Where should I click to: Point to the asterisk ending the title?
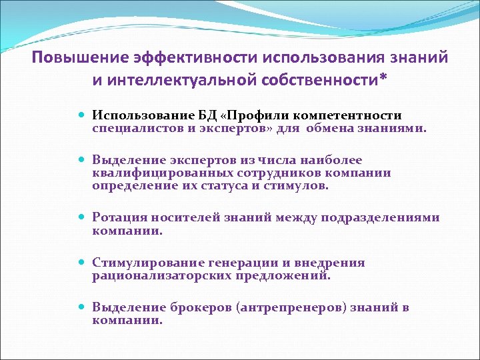tap(381, 79)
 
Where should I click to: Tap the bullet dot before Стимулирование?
tap(83, 263)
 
